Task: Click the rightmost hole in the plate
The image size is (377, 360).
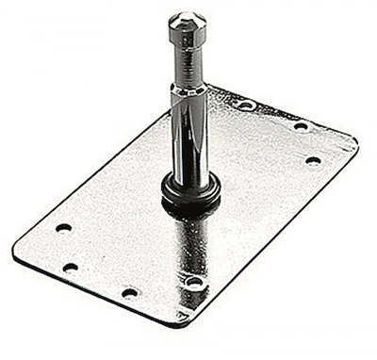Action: coord(313,160)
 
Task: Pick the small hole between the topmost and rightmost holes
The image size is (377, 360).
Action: coord(301,126)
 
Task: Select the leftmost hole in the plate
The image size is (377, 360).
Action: coord(63,228)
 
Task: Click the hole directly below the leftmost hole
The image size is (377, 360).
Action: coord(70,267)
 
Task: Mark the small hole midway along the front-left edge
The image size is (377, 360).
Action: coord(129,292)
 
